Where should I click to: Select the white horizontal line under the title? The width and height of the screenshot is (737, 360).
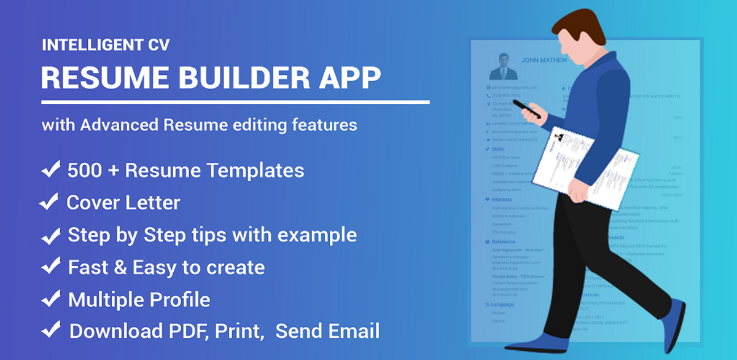[235, 101]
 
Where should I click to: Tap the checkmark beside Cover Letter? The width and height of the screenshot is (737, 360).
[49, 202]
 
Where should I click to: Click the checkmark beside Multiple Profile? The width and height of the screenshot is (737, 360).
[50, 299]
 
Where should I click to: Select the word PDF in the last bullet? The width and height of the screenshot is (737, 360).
[190, 331]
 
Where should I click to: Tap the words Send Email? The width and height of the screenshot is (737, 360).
[327, 331]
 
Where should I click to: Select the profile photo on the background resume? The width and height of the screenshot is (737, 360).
[503, 66]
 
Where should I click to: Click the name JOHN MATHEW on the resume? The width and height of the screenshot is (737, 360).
[544, 60]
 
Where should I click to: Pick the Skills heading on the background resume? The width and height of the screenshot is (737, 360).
[497, 149]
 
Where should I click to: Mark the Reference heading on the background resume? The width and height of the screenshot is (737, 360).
[504, 241]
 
